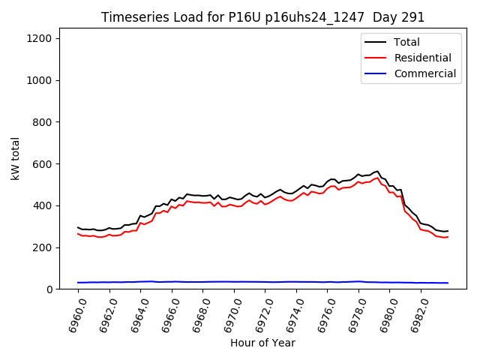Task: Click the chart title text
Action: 262,17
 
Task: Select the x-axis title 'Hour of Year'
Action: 262,343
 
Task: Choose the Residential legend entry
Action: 422,58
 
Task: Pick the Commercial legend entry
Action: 424,73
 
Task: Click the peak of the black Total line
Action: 377,171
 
